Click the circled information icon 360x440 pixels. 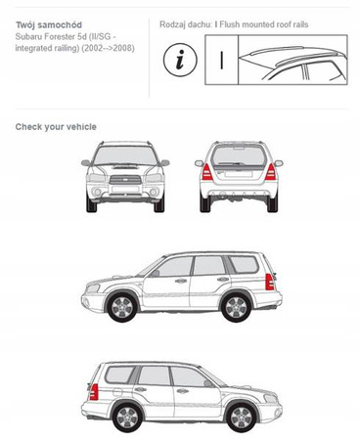180,60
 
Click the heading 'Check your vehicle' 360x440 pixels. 56,127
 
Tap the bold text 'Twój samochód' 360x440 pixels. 49,24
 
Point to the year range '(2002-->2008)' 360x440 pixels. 108,48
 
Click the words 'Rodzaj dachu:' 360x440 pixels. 186,24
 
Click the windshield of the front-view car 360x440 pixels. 125,155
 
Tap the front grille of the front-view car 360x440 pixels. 125,180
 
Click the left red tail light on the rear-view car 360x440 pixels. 207,172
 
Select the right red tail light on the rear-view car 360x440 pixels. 270,172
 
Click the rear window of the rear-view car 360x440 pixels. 239,155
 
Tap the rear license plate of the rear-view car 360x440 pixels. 239,174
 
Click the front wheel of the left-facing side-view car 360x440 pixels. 122,307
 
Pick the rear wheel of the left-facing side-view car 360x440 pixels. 236,307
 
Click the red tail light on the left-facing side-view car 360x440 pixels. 269,282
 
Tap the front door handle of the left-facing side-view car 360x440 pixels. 180,281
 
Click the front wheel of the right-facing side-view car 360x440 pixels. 242,417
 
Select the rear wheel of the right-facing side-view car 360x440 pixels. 127,417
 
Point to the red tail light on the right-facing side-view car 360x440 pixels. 94,392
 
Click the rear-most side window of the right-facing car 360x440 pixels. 119,374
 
